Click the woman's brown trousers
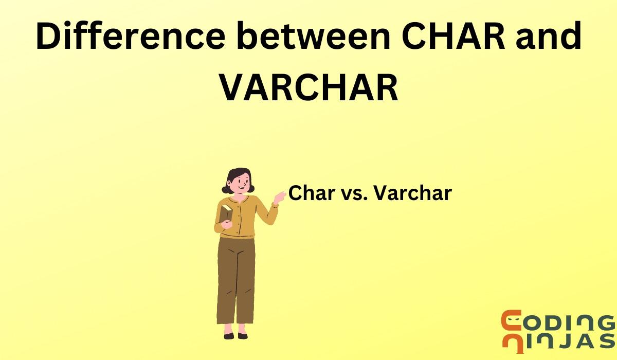coord(236,278)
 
